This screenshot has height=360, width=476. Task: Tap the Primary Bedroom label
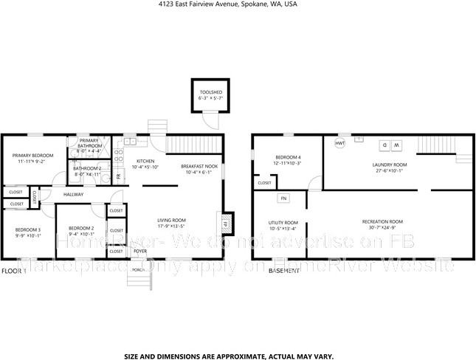tap(33, 156)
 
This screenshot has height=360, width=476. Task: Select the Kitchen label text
tap(145, 162)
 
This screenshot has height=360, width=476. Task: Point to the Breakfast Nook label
tap(199, 166)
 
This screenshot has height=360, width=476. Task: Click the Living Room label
tap(171, 220)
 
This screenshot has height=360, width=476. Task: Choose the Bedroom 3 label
tap(28, 230)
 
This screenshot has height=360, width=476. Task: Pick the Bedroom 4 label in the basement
tap(289, 158)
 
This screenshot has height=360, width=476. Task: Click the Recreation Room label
tap(382, 222)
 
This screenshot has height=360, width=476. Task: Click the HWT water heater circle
tap(340, 143)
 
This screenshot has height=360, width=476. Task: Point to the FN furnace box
tap(283, 198)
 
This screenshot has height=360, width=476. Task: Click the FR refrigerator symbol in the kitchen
tap(118, 177)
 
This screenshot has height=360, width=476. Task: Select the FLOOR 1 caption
tap(14, 271)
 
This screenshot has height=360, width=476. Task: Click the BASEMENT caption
tap(284, 271)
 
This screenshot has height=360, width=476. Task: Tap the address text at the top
tap(237, 4)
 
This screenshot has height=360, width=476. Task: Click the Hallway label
tap(73, 194)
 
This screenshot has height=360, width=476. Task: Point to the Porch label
tap(138, 270)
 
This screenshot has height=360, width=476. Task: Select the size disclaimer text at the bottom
tap(238, 355)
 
